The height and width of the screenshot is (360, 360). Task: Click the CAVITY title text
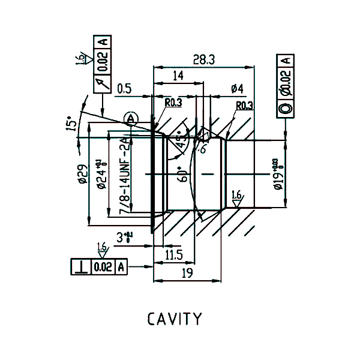click(x=175, y=318)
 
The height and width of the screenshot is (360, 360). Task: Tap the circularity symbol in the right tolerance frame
click(x=286, y=108)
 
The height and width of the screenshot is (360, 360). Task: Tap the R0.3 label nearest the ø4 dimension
click(x=244, y=106)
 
